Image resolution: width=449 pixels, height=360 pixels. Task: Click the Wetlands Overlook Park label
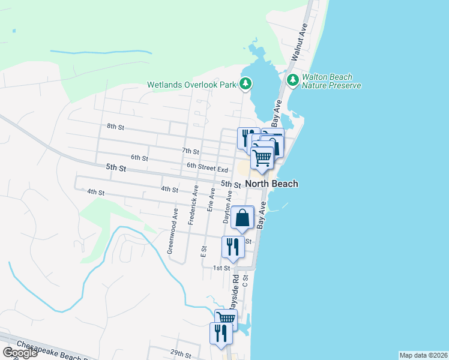click(192, 85)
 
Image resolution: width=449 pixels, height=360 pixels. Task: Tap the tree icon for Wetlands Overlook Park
click(246, 83)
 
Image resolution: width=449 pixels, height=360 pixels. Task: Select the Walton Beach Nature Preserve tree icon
click(293, 80)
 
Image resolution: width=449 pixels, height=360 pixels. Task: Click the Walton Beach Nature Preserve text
click(331, 81)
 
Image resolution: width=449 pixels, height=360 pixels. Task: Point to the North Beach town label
click(271, 184)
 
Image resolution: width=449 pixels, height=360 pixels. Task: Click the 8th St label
click(115, 127)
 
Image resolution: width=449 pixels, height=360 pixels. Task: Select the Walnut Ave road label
click(300, 41)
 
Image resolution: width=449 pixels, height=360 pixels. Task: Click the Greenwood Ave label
click(173, 231)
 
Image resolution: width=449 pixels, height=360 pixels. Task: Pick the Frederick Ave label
click(193, 205)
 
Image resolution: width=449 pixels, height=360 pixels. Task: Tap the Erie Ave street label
click(211, 199)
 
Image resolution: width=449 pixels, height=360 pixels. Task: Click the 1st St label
click(221, 268)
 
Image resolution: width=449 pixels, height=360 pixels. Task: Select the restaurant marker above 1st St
click(232, 246)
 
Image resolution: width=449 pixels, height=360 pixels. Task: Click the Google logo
click(20, 353)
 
